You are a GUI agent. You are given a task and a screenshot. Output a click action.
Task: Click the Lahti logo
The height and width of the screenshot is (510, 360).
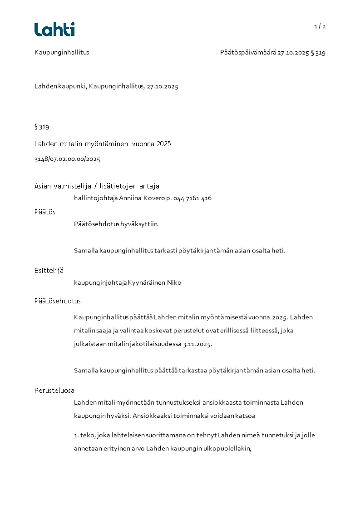54,30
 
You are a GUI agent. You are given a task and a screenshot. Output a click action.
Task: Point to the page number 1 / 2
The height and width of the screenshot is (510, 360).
320,26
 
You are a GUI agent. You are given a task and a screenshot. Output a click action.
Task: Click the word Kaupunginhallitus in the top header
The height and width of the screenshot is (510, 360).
62,52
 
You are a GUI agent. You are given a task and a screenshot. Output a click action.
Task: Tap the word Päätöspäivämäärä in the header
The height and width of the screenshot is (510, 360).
248,53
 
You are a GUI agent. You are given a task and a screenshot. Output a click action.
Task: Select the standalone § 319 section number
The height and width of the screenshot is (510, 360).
42,127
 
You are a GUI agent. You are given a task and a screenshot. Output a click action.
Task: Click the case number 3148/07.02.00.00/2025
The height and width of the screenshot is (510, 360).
67,159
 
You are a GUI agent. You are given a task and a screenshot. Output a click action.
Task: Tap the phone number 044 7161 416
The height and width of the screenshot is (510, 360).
192,198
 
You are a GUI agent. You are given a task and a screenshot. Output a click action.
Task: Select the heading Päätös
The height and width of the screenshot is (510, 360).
45,212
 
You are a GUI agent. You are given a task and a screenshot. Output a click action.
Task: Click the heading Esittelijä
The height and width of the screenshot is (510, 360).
49,271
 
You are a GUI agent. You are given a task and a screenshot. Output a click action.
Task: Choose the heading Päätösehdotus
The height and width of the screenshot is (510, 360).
58,301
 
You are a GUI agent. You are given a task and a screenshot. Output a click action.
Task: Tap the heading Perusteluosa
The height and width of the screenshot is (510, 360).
54,391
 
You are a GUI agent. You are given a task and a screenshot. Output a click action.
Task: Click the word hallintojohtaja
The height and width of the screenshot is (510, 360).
95,198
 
